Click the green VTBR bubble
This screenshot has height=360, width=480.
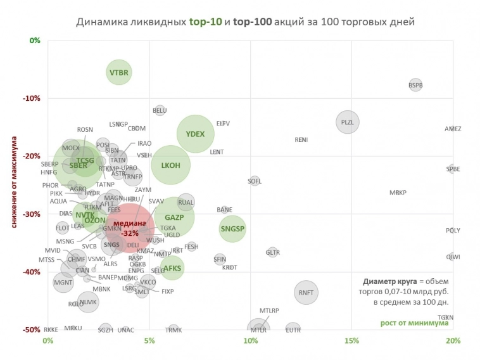coord(118,73)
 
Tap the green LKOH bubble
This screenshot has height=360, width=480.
coord(170,165)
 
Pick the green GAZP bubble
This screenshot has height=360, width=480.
coord(174,217)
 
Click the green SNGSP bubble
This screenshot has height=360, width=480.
coord(232,229)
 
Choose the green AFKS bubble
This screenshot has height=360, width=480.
coord(172,268)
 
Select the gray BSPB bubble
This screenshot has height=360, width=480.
coord(415,84)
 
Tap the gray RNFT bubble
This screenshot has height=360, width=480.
coord(306,292)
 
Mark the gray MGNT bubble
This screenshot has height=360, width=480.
coord(63,282)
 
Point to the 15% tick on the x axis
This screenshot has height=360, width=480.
coord(351,341)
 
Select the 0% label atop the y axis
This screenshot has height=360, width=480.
coord(35,41)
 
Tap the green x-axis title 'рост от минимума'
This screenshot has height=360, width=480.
coord(414,323)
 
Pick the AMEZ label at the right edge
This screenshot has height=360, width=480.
coord(453,129)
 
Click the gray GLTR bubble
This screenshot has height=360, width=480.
coord(272,252)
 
